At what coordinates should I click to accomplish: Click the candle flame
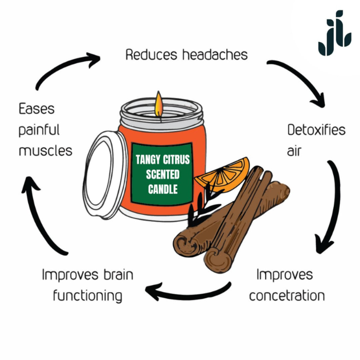(159, 102)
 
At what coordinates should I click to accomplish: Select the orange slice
(223, 174)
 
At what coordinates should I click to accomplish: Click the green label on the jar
(163, 175)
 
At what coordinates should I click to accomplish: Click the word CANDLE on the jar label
(163, 189)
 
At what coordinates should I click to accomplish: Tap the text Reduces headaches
(186, 55)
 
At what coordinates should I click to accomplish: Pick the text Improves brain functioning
(87, 285)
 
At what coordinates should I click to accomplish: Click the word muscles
(45, 151)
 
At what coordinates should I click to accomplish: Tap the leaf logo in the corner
(334, 33)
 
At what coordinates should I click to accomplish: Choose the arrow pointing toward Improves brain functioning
(190, 292)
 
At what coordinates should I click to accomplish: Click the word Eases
(37, 109)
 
